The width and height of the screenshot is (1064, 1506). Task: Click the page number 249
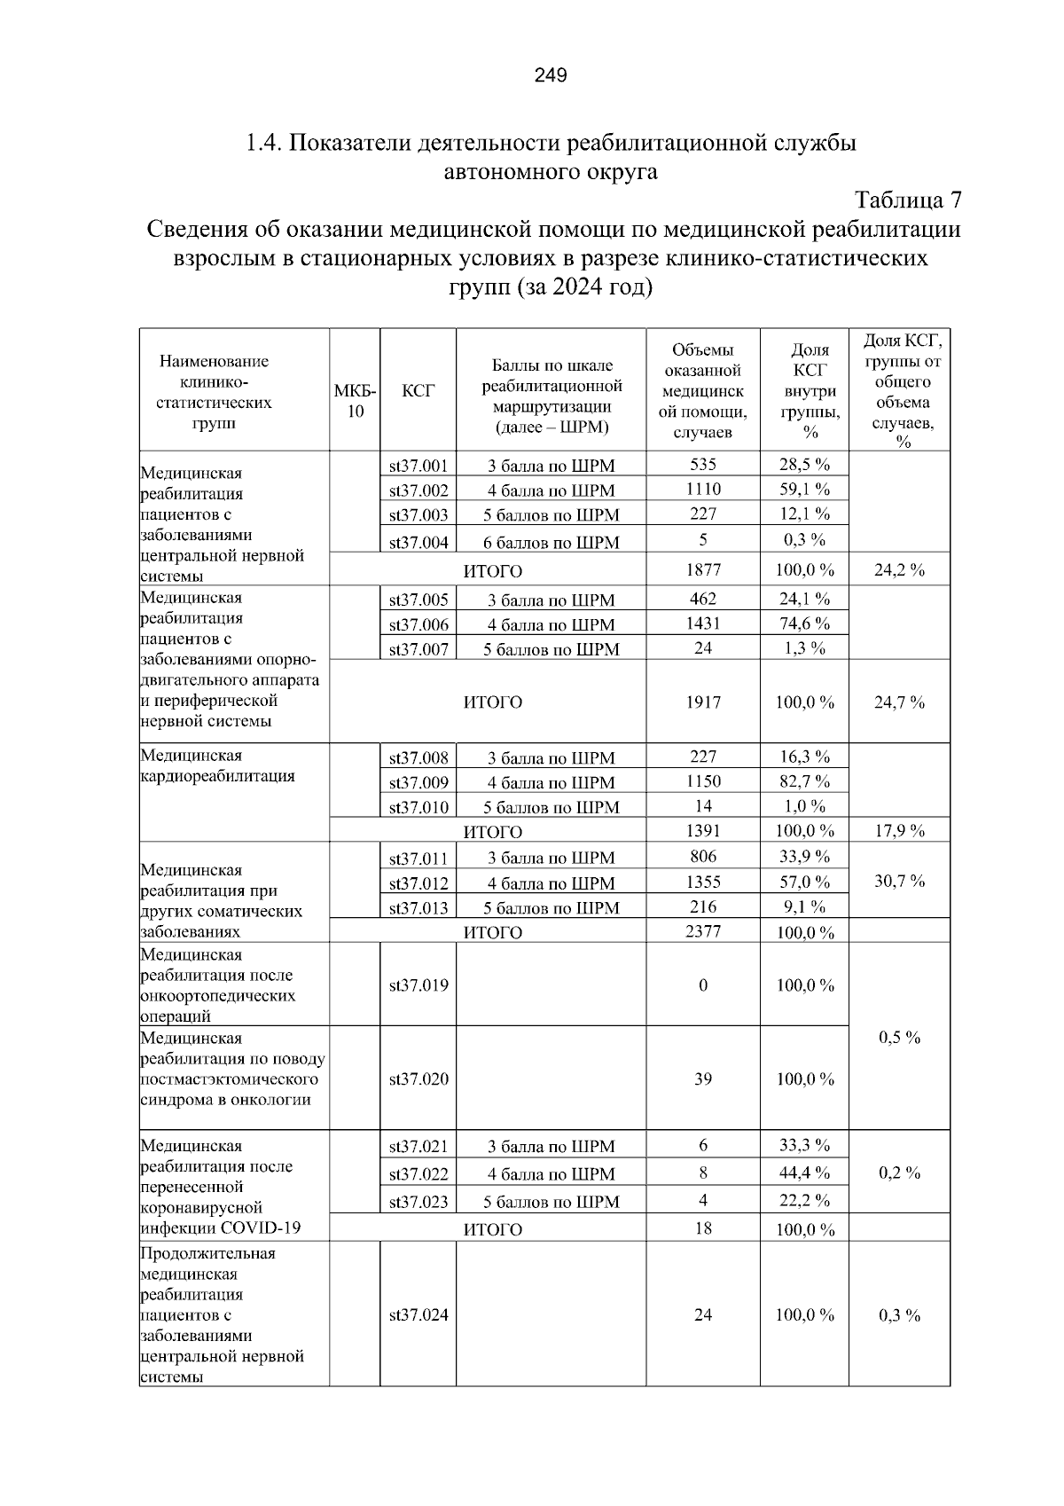point(550,75)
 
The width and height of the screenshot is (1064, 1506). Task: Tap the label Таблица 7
point(907,200)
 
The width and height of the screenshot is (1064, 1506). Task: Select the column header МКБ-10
point(355,402)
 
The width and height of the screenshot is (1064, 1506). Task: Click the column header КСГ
point(418,391)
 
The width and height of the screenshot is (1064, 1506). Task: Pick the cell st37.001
point(419,466)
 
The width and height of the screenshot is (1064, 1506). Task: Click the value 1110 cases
point(703,489)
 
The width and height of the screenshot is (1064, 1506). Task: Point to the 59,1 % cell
point(804,489)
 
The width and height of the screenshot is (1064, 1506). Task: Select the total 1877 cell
point(703,570)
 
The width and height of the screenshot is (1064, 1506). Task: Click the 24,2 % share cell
point(899,570)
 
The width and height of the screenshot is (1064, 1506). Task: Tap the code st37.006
point(419,624)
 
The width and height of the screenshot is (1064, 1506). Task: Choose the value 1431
point(703,624)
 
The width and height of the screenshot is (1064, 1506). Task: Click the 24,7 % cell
point(899,702)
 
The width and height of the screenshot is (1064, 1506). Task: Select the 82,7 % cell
point(804,781)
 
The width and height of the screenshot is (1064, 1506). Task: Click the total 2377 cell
point(703,931)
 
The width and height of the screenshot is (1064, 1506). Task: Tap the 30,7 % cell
point(899,881)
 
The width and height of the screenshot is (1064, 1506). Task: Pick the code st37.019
point(419,985)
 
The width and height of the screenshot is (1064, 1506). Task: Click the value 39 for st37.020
point(703,1079)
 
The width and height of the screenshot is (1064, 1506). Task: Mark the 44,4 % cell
point(804,1173)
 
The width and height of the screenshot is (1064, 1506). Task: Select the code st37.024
point(419,1315)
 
